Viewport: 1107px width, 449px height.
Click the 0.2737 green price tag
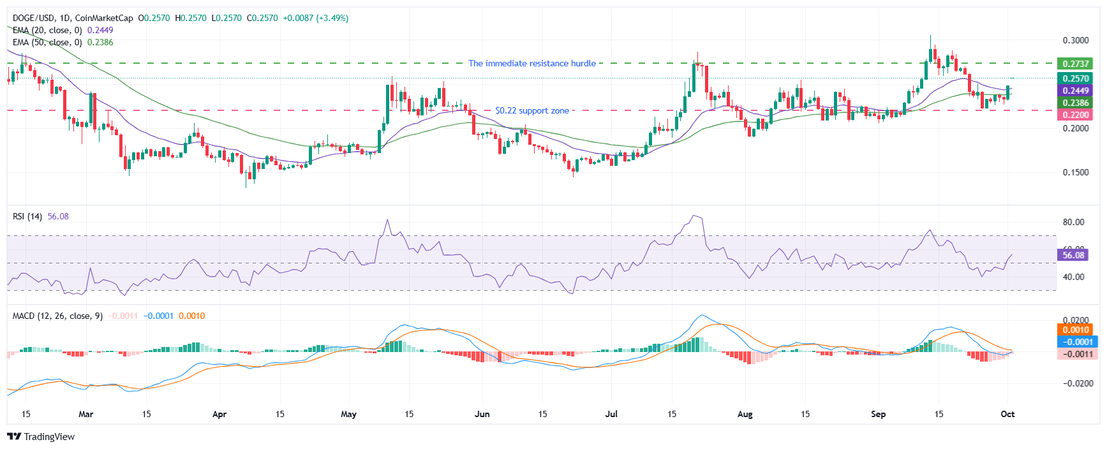coord(1075,64)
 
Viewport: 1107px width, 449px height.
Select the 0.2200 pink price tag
coord(1075,115)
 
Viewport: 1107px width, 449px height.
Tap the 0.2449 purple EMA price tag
coord(1075,91)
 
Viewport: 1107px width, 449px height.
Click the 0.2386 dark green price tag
coord(1075,103)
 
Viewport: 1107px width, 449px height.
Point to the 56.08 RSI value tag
coord(1073,255)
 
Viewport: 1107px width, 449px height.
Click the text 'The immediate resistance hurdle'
coord(531,63)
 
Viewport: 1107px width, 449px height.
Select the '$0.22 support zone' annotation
coord(531,110)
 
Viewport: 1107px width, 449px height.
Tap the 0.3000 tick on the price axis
coord(1075,40)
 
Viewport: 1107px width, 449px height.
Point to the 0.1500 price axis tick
coord(1075,172)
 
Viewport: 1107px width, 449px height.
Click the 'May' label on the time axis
coord(348,414)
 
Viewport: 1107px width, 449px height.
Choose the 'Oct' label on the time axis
coord(1007,414)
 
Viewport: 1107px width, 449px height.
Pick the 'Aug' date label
coord(745,414)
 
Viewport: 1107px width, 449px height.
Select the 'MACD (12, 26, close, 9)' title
coord(57,316)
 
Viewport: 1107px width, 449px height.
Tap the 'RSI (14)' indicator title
coord(27,216)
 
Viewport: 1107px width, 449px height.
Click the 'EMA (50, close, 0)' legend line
coord(47,42)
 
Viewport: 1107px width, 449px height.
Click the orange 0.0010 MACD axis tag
coord(1075,330)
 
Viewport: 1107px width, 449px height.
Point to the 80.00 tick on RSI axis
coord(1073,222)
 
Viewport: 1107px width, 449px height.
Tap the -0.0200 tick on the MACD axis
coord(1075,383)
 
